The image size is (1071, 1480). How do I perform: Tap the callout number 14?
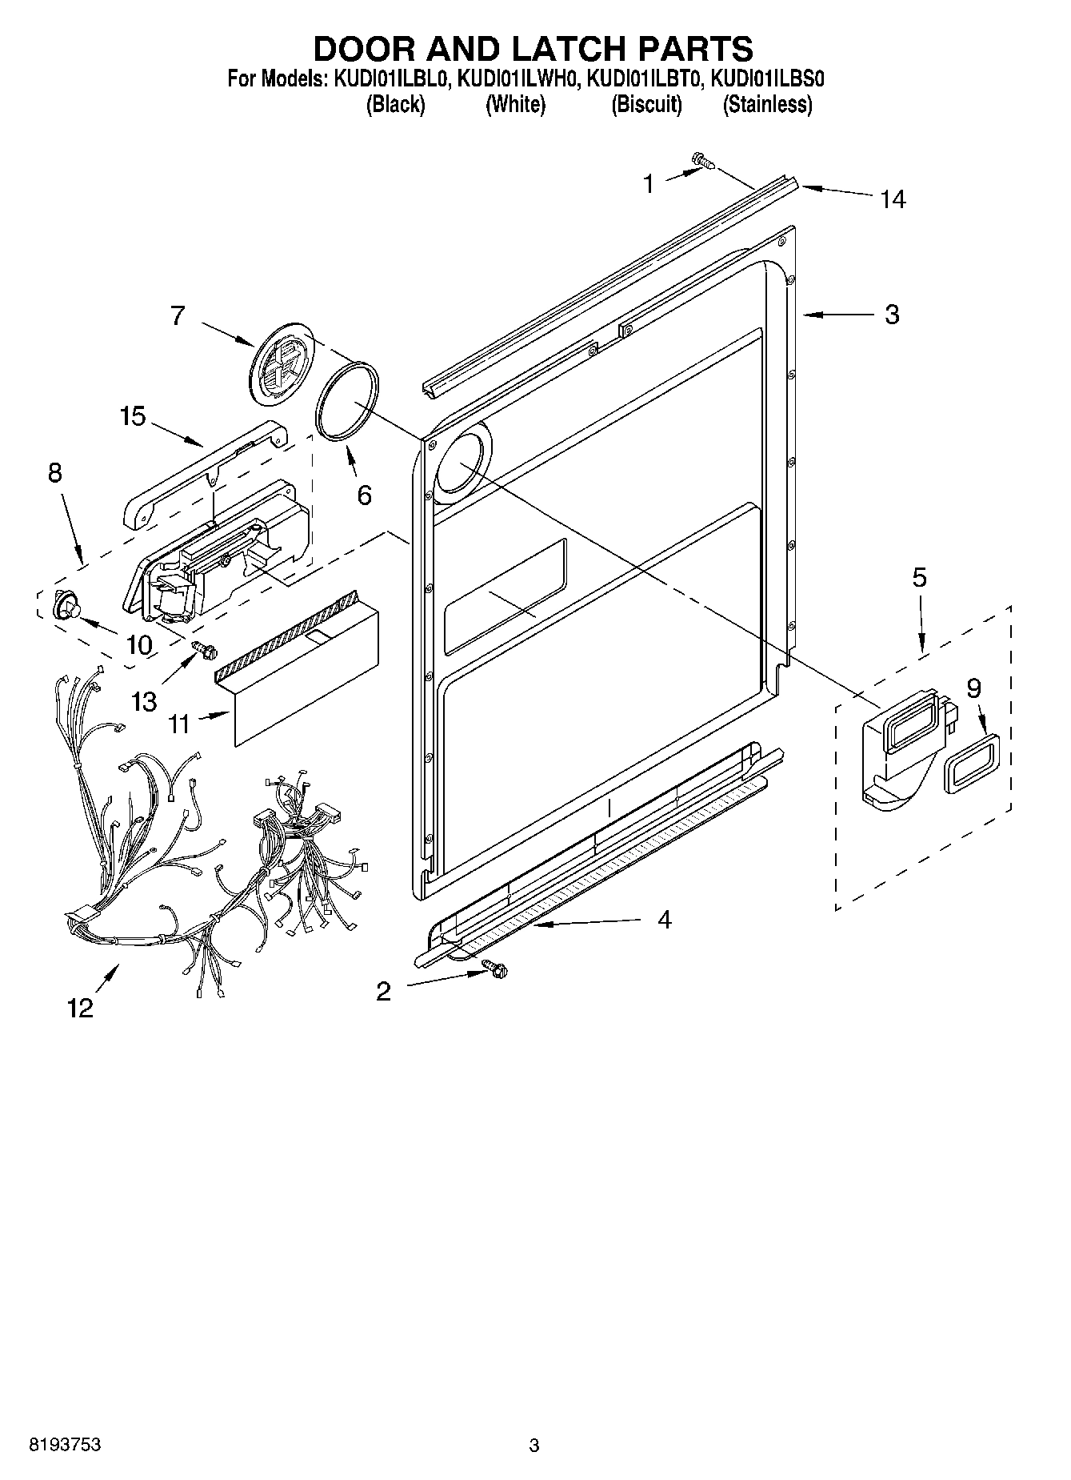893,199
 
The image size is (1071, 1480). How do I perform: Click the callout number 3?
892,315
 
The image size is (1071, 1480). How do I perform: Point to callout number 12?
81,1007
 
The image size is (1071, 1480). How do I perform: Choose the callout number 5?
920,577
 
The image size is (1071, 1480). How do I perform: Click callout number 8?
54,472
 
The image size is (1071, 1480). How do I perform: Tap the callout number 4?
664,920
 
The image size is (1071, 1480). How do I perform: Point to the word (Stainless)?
767,105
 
